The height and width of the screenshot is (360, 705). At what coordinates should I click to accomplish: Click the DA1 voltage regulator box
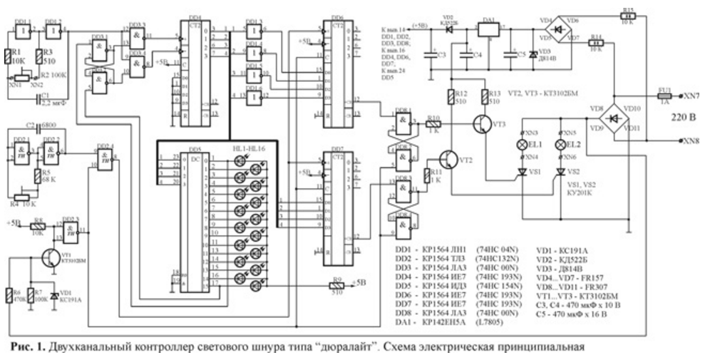489,30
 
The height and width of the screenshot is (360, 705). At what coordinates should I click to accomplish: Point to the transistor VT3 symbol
483,123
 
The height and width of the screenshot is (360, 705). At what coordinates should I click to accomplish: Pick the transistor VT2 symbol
448,156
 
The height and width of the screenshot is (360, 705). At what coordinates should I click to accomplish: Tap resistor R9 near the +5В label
339,286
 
